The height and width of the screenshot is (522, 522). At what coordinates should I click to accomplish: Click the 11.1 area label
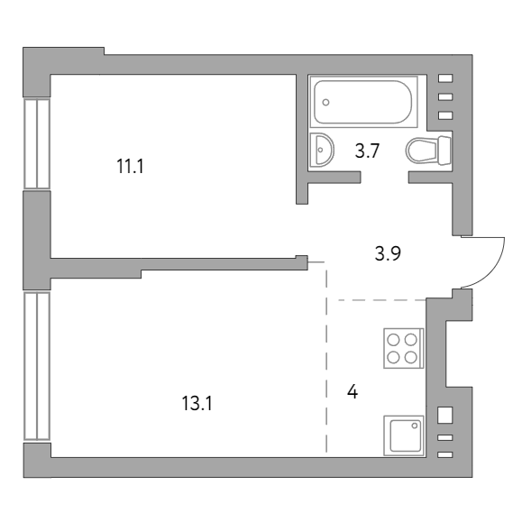point(130,166)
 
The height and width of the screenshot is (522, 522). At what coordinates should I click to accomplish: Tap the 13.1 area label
point(197,403)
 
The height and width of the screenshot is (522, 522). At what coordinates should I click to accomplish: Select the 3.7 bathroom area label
point(367,151)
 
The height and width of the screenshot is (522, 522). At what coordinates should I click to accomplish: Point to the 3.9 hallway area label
point(388,253)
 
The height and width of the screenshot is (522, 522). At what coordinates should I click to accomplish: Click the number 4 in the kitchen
point(353,391)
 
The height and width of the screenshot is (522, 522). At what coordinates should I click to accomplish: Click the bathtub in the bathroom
point(363,102)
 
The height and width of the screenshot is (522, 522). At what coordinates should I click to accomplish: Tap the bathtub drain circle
point(326,102)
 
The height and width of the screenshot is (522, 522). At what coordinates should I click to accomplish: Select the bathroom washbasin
point(321,150)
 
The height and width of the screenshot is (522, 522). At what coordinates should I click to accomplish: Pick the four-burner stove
point(404,348)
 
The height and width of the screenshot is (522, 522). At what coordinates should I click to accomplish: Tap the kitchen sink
point(404,435)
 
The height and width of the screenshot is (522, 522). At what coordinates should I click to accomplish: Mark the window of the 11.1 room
point(37,144)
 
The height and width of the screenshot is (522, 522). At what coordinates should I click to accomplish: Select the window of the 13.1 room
point(37,366)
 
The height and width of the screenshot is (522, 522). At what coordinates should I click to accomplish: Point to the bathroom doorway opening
point(384,177)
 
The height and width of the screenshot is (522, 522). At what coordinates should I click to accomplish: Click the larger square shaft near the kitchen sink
point(445,415)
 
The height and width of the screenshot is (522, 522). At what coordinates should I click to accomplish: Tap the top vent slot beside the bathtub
point(445,78)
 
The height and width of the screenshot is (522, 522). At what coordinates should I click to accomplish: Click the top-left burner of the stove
point(393,340)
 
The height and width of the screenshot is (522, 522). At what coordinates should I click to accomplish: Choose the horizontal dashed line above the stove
point(382,300)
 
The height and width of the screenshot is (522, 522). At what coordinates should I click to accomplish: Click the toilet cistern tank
point(444,151)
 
